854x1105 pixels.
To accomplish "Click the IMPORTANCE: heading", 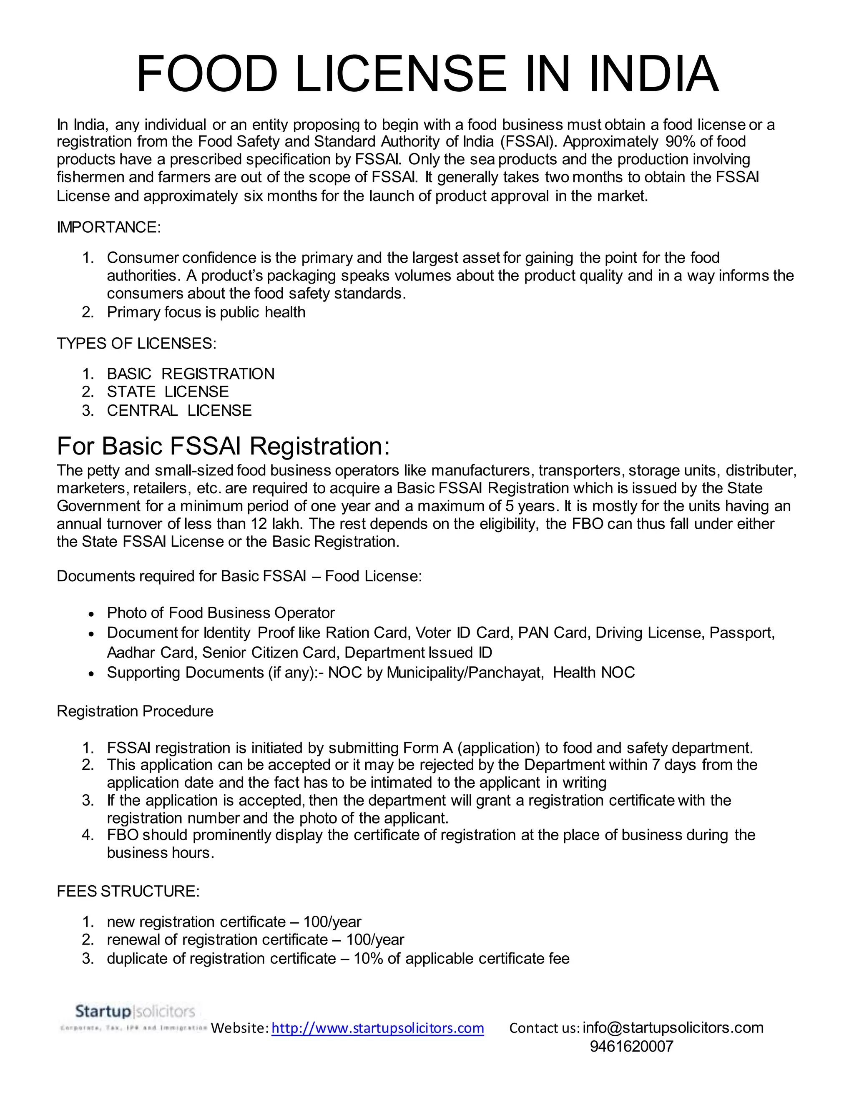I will [x=109, y=227].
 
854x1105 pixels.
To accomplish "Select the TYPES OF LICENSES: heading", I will [x=137, y=344].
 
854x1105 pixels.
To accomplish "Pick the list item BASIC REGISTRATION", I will [x=190, y=374].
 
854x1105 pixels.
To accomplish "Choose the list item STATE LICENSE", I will [x=168, y=392].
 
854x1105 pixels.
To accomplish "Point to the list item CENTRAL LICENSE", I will [x=179, y=410].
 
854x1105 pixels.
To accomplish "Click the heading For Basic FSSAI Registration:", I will [x=223, y=446].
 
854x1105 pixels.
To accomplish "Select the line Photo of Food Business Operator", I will [x=221, y=613].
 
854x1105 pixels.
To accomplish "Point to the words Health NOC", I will [x=593, y=673].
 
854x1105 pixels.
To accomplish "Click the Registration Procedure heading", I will [x=135, y=711].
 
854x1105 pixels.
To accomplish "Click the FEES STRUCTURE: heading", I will [x=128, y=891].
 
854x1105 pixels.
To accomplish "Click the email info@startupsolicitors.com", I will [x=673, y=1027].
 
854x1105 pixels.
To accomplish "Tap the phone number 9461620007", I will [x=631, y=1046].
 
